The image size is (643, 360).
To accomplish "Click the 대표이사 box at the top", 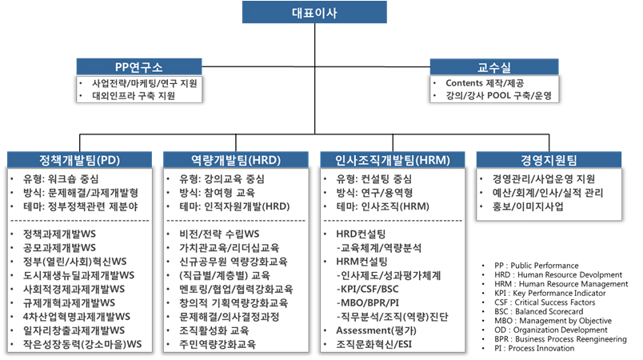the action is click(x=314, y=12).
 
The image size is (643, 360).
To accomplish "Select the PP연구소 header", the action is click(x=139, y=67).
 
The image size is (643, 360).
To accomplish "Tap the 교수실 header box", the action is click(x=494, y=67).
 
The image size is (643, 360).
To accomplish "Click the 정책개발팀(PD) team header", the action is click(x=79, y=159).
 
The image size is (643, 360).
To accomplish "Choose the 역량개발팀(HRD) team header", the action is click(x=236, y=159).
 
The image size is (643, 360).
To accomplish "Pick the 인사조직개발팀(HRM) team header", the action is click(x=393, y=159).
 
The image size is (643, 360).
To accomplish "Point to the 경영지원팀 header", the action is click(x=549, y=159).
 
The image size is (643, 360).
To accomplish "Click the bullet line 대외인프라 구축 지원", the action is click(x=134, y=96).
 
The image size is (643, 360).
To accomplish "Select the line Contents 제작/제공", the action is click(x=485, y=83).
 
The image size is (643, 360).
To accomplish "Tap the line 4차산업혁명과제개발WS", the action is click(x=77, y=317).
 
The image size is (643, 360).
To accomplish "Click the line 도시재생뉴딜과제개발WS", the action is click(x=78, y=275).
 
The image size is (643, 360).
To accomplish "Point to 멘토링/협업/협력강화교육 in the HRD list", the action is click(x=236, y=289).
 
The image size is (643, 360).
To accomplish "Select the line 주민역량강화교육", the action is click(x=218, y=344).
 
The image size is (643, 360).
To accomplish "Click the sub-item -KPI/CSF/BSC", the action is click(x=367, y=289).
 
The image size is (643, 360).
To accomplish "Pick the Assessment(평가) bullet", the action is click(x=376, y=330).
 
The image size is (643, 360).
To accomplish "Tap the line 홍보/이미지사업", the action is click(x=528, y=206).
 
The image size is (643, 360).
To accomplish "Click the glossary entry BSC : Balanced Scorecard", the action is click(x=539, y=312).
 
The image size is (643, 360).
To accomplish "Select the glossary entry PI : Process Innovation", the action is click(x=534, y=349).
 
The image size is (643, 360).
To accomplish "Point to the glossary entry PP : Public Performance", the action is click(x=537, y=266).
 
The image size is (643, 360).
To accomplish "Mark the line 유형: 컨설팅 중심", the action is click(x=374, y=178).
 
